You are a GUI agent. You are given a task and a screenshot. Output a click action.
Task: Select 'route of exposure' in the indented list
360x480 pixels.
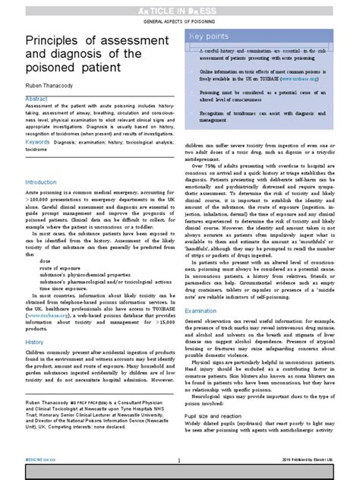pyautogui.click(x=65, y=267)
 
